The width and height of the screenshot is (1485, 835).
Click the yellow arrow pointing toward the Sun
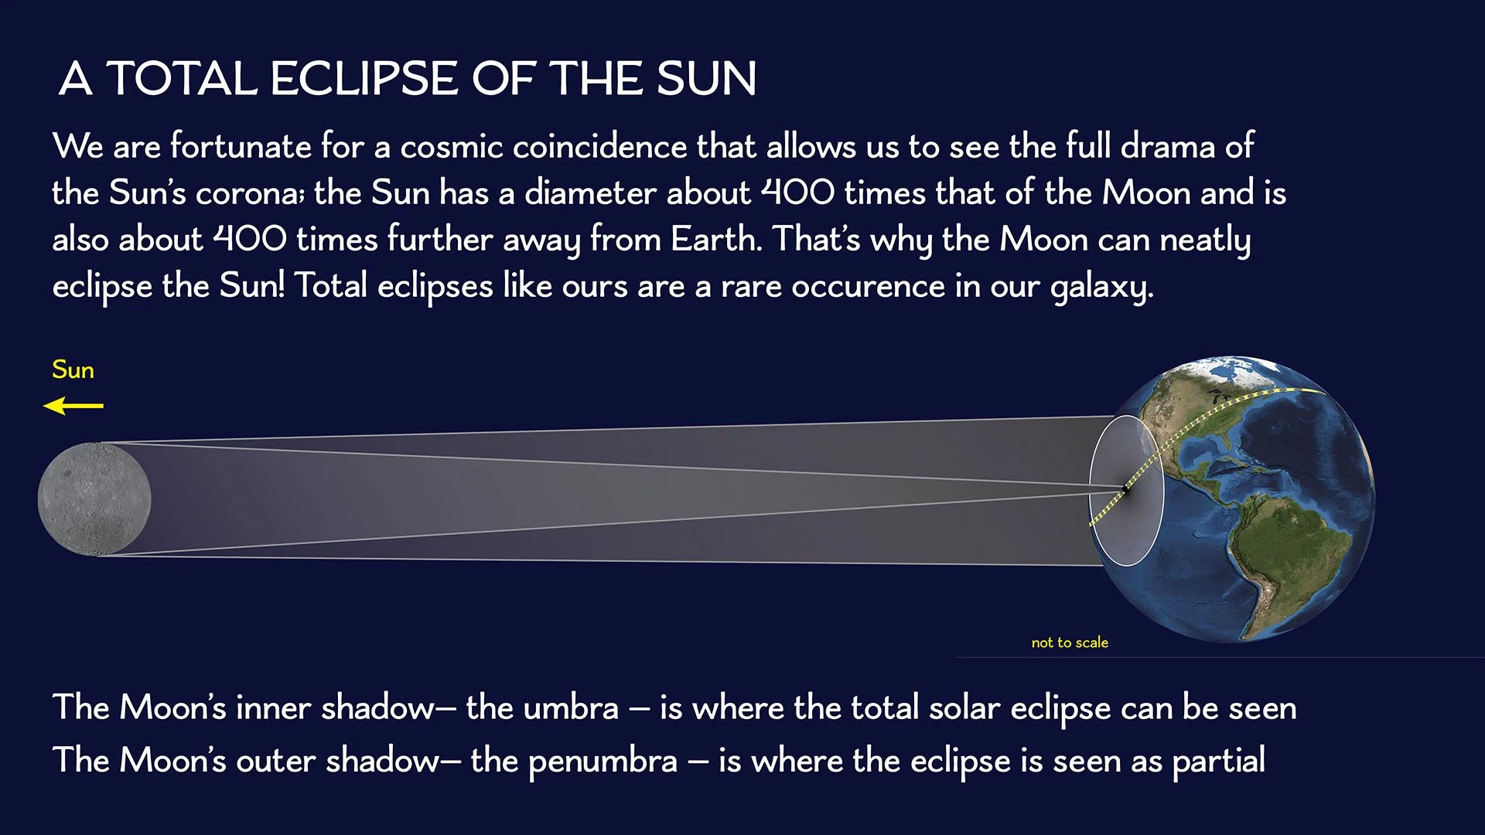(x=73, y=405)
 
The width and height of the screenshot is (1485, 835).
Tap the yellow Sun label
(x=73, y=370)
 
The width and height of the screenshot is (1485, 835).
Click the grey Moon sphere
(x=94, y=499)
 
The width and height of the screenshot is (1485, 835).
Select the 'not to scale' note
(x=1069, y=642)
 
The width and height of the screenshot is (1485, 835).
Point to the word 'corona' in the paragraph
(x=249, y=193)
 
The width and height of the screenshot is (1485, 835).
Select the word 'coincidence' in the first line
(x=599, y=147)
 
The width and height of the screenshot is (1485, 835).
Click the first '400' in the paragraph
(x=797, y=193)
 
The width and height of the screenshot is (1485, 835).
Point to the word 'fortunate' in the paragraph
(x=241, y=147)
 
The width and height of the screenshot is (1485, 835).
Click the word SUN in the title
(x=705, y=79)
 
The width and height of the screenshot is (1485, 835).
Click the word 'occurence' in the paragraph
(x=868, y=287)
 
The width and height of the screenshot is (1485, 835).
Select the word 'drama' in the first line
(x=1168, y=147)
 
